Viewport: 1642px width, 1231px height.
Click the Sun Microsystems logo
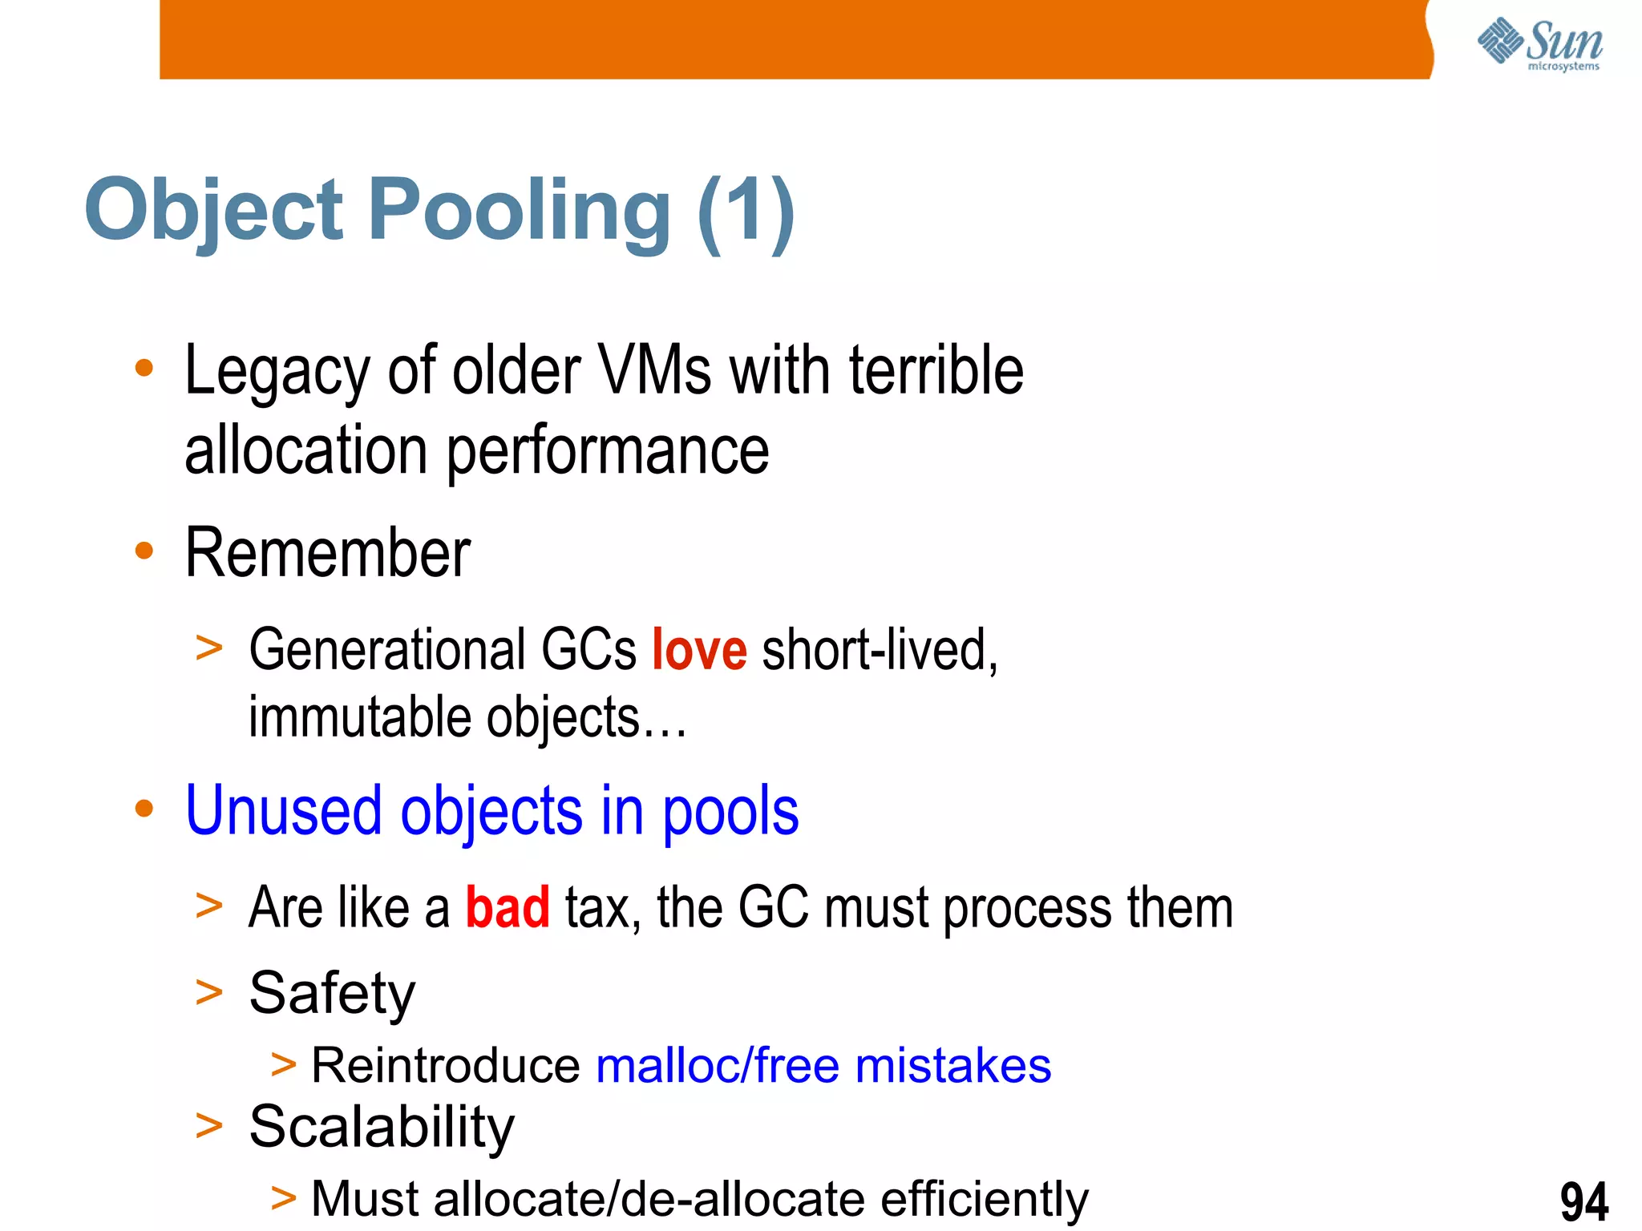[1539, 43]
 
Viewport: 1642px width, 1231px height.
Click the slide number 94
[1583, 1201]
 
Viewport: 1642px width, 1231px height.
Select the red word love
[699, 650]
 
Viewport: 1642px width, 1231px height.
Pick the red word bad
[508, 908]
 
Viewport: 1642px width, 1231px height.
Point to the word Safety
[332, 994]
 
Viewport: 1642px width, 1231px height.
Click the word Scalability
[382, 1127]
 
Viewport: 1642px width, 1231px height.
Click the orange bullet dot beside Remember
[144, 551]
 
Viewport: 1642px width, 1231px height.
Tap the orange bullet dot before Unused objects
[144, 809]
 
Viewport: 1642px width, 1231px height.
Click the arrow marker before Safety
[208, 994]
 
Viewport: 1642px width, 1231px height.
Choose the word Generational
[386, 650]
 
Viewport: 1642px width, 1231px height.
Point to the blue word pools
[730, 812]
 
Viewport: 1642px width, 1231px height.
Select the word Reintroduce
[446, 1067]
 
